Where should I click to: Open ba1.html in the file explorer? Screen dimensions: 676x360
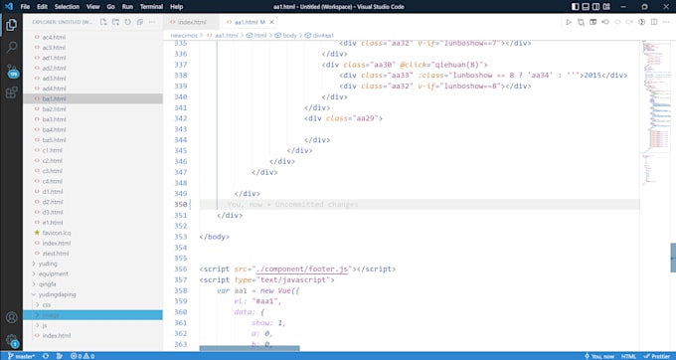(x=55, y=99)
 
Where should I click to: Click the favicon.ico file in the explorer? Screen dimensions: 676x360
(x=58, y=232)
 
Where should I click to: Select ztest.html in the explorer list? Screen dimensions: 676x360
(x=54, y=253)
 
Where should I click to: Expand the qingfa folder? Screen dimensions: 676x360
(x=54, y=283)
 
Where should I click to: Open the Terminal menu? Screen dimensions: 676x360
(x=151, y=6)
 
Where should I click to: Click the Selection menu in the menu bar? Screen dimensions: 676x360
(x=68, y=6)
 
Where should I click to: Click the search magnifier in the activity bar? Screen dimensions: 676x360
(x=12, y=47)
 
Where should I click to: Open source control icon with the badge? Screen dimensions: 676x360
(x=12, y=70)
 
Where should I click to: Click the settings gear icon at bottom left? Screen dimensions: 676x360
(x=12, y=338)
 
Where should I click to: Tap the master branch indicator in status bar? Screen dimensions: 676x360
(x=20, y=355)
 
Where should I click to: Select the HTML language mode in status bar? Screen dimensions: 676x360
(x=628, y=355)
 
